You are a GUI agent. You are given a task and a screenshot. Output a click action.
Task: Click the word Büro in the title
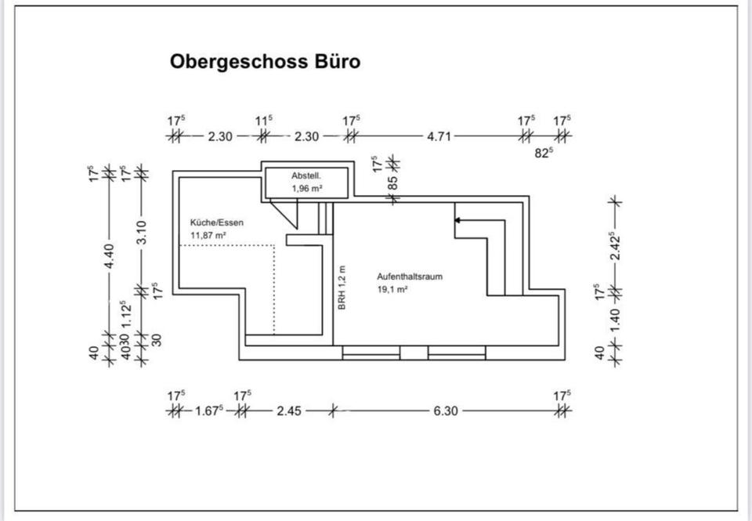[336, 61]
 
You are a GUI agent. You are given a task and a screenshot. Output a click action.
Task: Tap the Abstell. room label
[307, 175]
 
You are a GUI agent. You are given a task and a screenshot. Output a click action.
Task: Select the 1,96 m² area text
[307, 189]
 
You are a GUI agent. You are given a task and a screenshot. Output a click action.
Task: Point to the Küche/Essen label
[217, 223]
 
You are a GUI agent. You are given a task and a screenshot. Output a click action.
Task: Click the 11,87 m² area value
[208, 235]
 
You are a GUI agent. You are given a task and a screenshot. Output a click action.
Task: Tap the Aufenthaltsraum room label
[411, 277]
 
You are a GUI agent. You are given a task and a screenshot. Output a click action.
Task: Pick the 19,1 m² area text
[393, 289]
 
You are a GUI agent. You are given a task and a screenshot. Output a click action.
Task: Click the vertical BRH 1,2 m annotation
[342, 288]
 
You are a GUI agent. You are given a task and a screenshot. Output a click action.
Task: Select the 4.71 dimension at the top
[439, 136]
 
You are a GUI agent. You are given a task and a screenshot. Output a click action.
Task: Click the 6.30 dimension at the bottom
[445, 411]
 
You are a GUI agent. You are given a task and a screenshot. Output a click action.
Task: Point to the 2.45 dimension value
[288, 411]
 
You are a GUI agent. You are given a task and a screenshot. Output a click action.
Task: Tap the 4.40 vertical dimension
[110, 255]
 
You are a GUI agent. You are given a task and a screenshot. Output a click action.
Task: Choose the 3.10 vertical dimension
[141, 232]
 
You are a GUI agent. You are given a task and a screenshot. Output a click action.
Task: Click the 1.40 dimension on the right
[616, 317]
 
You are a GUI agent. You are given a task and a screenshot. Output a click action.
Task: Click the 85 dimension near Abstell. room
[393, 182]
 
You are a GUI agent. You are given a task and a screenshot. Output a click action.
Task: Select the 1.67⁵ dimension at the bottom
[209, 410]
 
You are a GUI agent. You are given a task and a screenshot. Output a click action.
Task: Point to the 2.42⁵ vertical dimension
[616, 246]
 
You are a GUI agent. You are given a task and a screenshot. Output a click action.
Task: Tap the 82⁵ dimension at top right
[544, 154]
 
